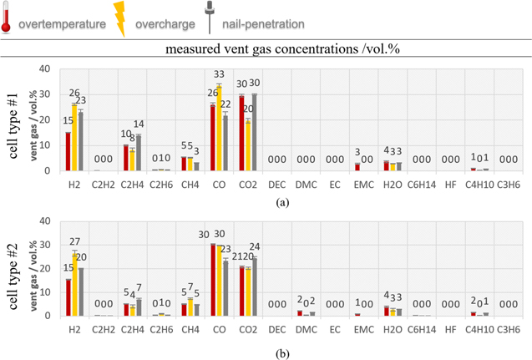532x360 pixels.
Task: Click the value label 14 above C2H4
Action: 139,124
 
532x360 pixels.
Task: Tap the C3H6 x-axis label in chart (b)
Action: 507,330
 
